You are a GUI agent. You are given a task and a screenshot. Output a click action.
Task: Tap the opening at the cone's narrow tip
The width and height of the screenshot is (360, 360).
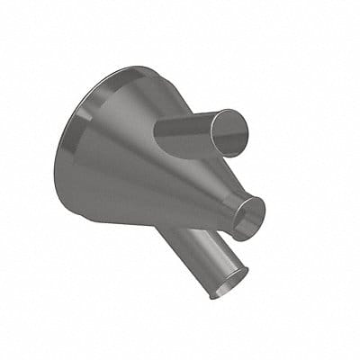click(248, 217)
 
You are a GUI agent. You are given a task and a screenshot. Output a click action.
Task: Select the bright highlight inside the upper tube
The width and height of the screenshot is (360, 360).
click(236, 134)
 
